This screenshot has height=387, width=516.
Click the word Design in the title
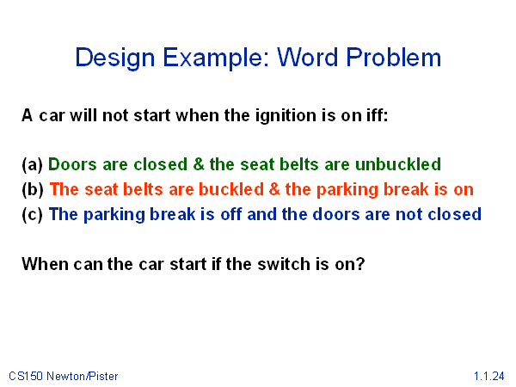point(115,58)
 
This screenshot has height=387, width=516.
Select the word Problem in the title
point(394,58)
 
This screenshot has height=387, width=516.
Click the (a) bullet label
point(33,164)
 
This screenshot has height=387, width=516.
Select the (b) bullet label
point(33,189)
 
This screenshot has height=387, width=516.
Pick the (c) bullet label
point(33,214)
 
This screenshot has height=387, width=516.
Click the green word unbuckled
point(398,164)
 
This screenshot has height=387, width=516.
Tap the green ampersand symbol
point(199,164)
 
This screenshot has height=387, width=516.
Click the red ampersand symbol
point(274,189)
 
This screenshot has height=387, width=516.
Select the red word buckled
point(231,189)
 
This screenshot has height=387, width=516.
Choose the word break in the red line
point(407,189)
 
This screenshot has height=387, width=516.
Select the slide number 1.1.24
point(489,376)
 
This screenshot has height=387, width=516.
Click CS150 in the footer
point(26,376)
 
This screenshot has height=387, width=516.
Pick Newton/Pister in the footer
point(83,376)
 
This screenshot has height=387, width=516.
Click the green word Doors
point(72,164)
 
